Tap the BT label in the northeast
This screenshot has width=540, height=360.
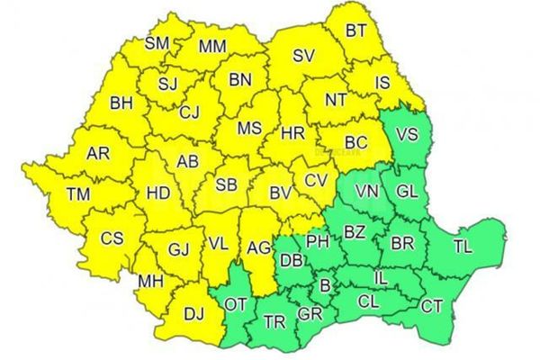tap(356, 31)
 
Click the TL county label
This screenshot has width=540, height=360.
tap(462, 246)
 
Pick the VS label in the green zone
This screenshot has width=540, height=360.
tap(407, 136)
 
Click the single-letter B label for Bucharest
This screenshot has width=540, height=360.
tap(325, 287)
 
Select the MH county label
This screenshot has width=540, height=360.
tap(149, 282)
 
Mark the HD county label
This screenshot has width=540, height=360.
tap(158, 193)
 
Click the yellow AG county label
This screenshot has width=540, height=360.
tap(258, 247)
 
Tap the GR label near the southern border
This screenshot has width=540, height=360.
tap(310, 314)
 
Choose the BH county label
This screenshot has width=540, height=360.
tap(121, 103)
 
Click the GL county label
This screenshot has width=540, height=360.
tap(407, 192)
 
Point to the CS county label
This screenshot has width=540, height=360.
tap(112, 238)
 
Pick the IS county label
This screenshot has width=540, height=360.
tap(382, 83)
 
